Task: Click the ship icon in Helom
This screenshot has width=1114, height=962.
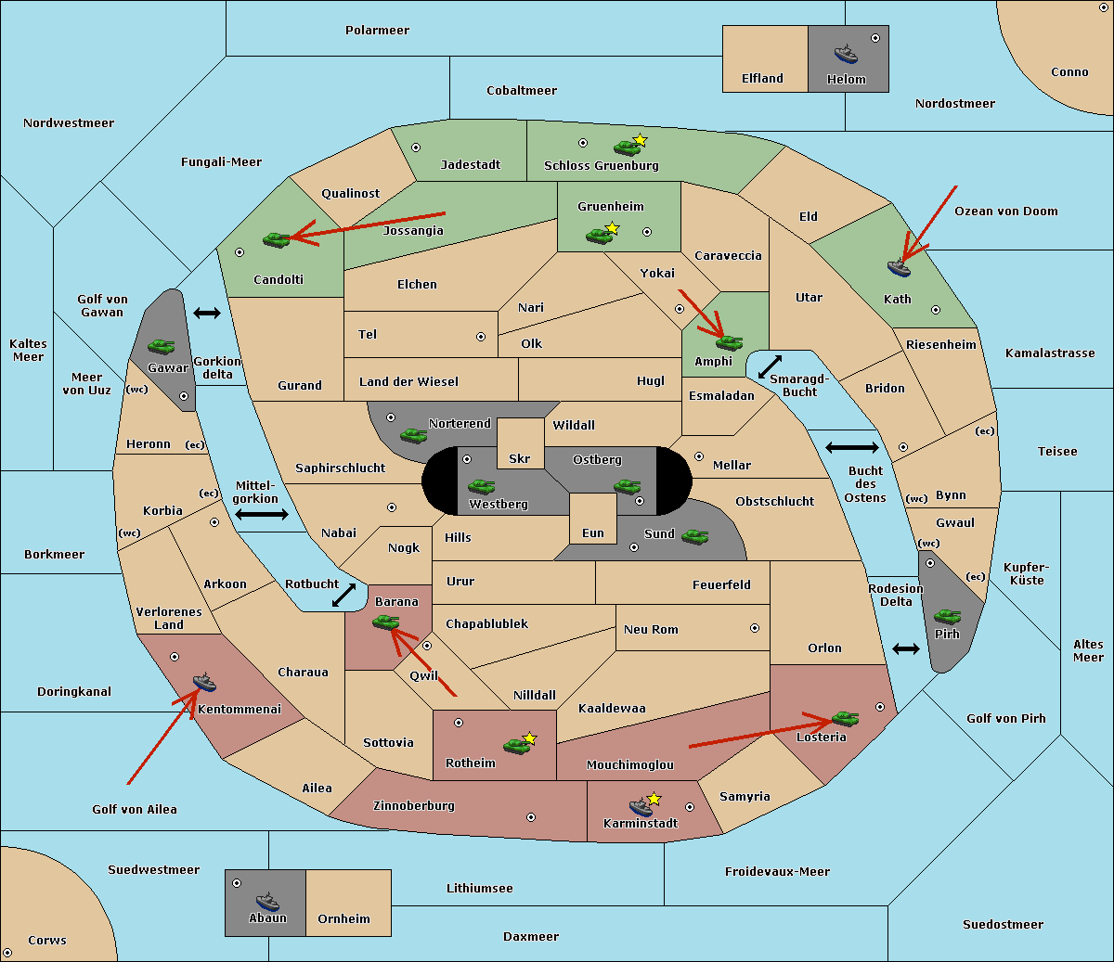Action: coord(846,54)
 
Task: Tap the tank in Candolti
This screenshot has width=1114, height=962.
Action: coord(277,239)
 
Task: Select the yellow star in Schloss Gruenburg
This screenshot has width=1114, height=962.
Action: coord(640,140)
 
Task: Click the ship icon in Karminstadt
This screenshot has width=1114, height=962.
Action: coord(641,807)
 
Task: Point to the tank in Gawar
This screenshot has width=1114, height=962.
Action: coord(162,346)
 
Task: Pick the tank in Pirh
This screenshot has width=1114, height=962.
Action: coord(947,616)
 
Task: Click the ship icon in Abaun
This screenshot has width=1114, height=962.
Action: coord(267,902)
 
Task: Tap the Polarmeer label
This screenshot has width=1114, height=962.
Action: coord(377,31)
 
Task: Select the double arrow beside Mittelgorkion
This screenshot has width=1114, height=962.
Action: coord(262,514)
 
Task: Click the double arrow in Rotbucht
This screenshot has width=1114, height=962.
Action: coord(343,595)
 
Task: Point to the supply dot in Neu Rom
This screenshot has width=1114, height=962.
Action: coord(755,628)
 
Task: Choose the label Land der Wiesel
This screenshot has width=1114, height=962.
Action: coord(408,382)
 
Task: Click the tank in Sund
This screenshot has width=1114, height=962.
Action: coord(694,536)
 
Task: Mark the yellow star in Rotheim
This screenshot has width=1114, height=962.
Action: coord(529,738)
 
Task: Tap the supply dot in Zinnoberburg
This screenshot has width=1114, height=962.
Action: coord(531,817)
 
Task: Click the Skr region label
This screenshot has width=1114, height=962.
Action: coord(520,458)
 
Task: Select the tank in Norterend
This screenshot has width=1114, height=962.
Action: coord(413,435)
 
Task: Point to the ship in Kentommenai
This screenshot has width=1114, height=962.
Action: coord(204,682)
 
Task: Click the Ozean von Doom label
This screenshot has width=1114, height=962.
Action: coord(1005,212)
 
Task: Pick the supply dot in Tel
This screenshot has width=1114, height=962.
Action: coord(481,337)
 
